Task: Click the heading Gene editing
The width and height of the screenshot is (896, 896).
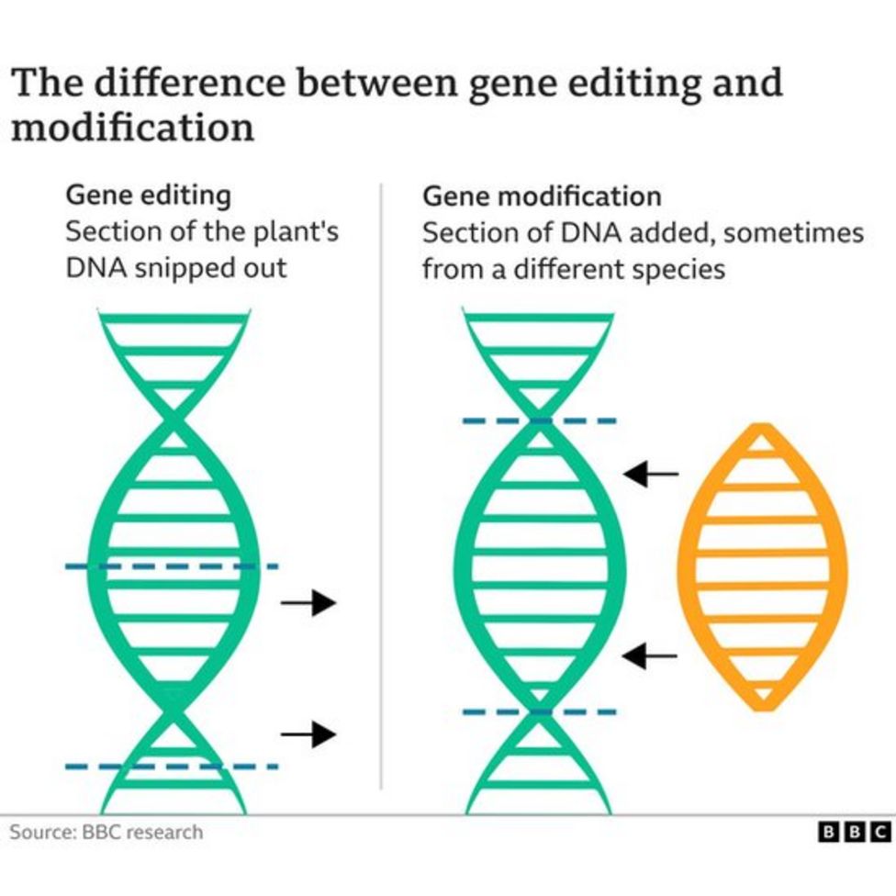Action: click(148, 196)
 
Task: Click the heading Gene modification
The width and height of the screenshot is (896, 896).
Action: click(542, 196)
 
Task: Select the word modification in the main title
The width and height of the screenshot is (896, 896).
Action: click(132, 127)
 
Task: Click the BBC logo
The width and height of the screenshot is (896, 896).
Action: click(854, 833)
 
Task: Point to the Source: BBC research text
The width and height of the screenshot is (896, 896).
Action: click(106, 833)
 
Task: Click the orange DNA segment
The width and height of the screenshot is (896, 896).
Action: click(761, 566)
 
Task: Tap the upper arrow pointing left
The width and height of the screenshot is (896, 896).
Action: click(651, 474)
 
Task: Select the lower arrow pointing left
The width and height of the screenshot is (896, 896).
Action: click(651, 655)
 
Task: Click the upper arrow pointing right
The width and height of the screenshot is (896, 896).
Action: click(309, 603)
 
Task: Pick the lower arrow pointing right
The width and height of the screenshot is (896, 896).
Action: click(309, 734)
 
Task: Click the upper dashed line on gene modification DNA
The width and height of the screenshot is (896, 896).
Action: click(539, 421)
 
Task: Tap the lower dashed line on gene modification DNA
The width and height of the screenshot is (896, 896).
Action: click(539, 711)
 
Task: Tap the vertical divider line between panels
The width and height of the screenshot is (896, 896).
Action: click(381, 487)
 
